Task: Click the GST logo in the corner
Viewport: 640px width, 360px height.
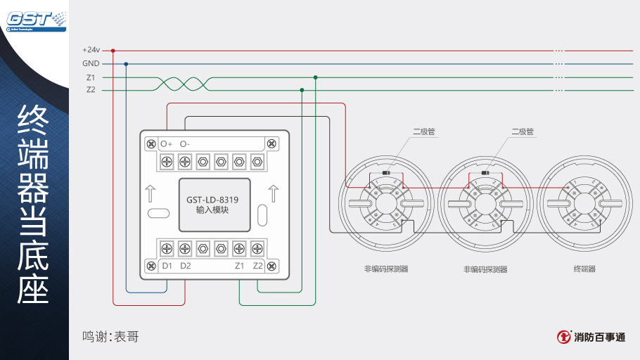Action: pos(35,19)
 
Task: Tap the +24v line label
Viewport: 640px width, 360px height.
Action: pos(91,51)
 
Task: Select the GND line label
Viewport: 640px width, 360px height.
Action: pos(91,64)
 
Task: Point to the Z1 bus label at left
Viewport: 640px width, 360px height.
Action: pos(91,77)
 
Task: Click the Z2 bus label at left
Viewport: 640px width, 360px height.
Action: pos(91,90)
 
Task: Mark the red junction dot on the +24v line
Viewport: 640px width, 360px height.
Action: pos(113,51)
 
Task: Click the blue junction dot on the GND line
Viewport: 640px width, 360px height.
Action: pos(126,64)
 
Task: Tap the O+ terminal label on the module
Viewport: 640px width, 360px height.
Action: pos(166,143)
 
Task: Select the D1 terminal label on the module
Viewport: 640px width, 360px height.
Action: pos(167,266)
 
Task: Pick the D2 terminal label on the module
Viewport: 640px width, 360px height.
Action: pos(186,266)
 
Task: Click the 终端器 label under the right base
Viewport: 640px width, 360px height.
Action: pos(584,269)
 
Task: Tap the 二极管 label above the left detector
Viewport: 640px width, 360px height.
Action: pos(423,131)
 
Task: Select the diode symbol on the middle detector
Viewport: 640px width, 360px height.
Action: pos(485,172)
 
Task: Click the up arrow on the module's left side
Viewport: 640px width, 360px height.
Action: pos(151,192)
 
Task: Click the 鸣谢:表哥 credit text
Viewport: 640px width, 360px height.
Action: pos(110,337)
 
